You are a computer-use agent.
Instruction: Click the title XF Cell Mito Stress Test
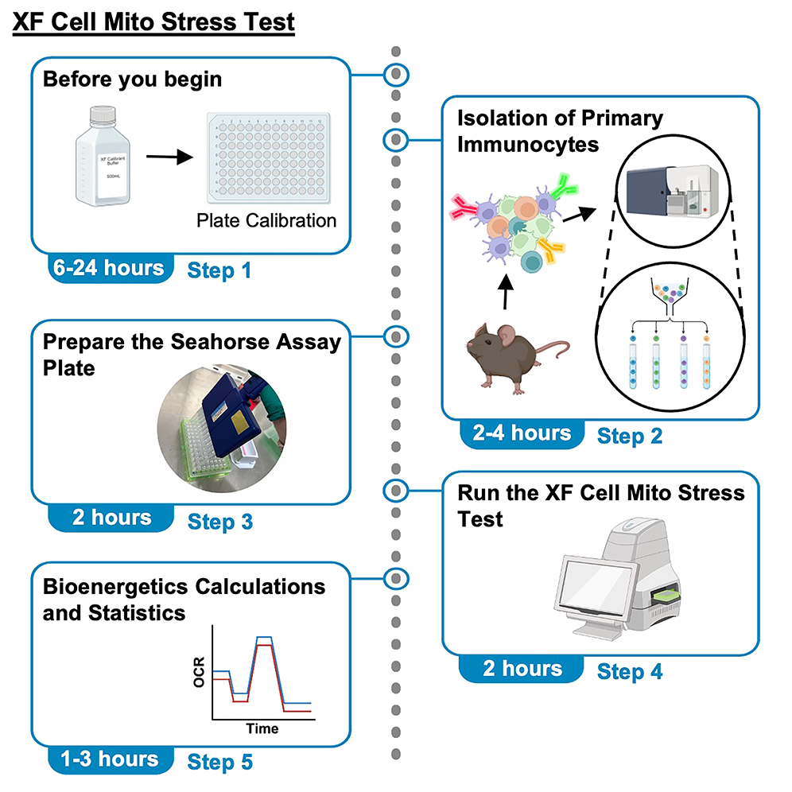[x=153, y=21]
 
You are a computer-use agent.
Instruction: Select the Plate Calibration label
[x=266, y=220]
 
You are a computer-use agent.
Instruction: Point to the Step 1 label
[x=219, y=270]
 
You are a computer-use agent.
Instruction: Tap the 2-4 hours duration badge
[x=520, y=433]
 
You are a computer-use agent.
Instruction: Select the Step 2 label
[x=629, y=436]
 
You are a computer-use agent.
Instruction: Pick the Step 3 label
[x=220, y=522]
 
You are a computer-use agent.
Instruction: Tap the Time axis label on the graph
[x=262, y=728]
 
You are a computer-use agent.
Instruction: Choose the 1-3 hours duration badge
[x=109, y=759]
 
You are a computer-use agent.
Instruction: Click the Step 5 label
[x=220, y=762]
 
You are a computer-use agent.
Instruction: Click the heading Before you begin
[x=132, y=80]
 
